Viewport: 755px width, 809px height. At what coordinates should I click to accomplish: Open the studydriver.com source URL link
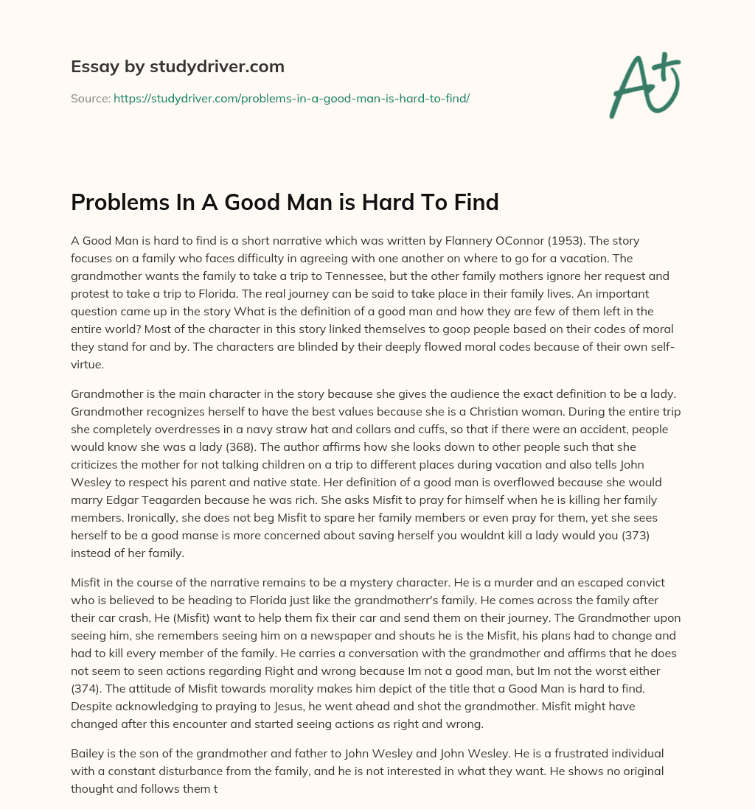pos(291,98)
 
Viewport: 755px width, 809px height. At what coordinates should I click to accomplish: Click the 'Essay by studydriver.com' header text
pos(178,67)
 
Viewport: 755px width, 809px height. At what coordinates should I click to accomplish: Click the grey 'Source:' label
pos(90,98)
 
